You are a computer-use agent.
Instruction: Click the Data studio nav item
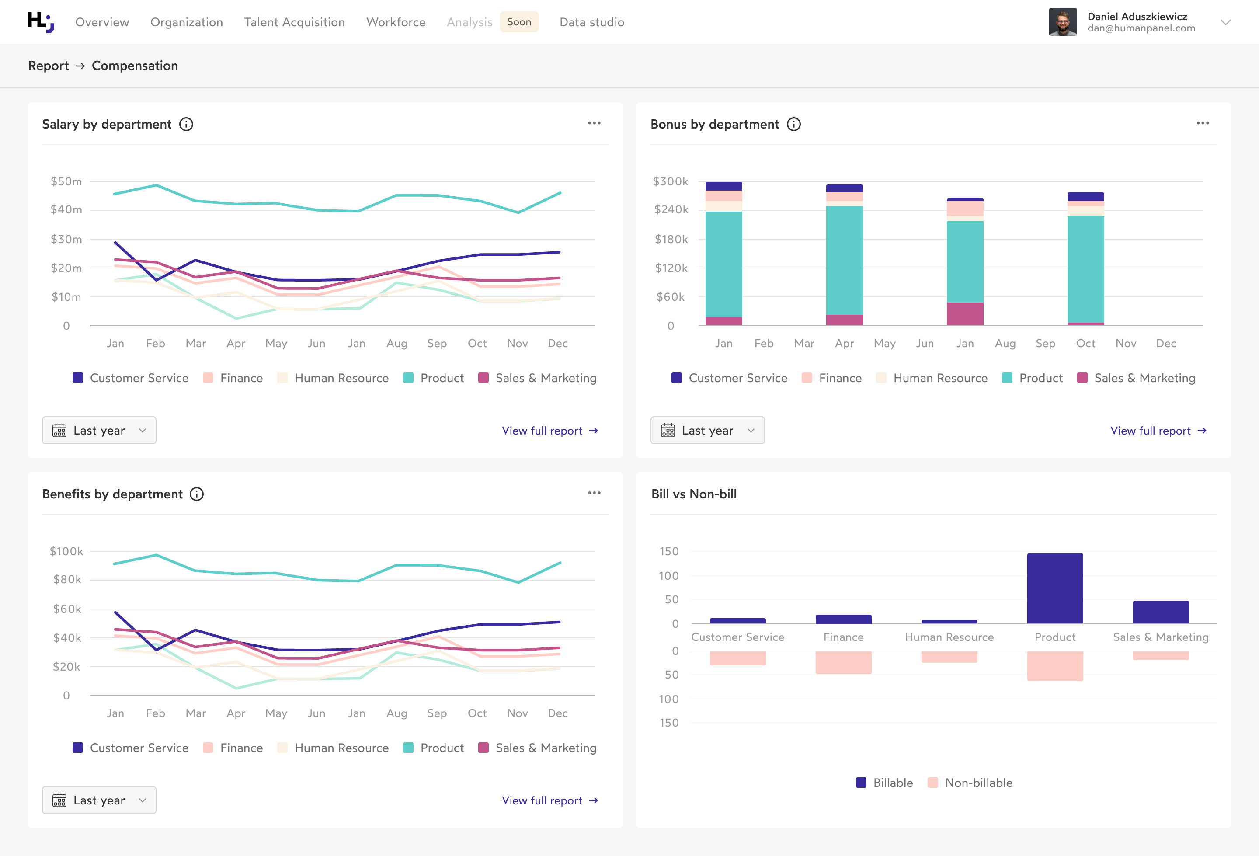click(x=591, y=22)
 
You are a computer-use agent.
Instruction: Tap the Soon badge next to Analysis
click(x=518, y=22)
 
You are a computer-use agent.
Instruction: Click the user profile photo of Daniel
click(x=1062, y=22)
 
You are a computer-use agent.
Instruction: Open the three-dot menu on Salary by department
click(x=594, y=124)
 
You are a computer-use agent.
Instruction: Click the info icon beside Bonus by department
click(x=793, y=125)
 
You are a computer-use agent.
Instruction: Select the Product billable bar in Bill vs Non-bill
click(x=1055, y=588)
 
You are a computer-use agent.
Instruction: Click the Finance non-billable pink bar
click(x=844, y=662)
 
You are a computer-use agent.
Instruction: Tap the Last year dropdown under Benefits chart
click(x=99, y=800)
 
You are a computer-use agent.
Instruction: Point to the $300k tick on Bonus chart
click(x=670, y=181)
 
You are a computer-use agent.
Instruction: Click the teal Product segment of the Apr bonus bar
click(x=844, y=260)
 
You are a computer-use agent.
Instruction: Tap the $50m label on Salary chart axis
click(x=66, y=181)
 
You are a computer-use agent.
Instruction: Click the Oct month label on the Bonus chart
click(x=1085, y=344)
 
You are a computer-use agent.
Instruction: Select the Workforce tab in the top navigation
click(x=396, y=22)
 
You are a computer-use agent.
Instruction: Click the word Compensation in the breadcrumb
click(x=135, y=66)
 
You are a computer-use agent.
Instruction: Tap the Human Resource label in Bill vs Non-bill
click(x=949, y=637)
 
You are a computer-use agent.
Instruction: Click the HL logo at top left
click(x=41, y=22)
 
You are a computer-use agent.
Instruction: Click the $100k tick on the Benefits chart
click(x=66, y=552)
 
